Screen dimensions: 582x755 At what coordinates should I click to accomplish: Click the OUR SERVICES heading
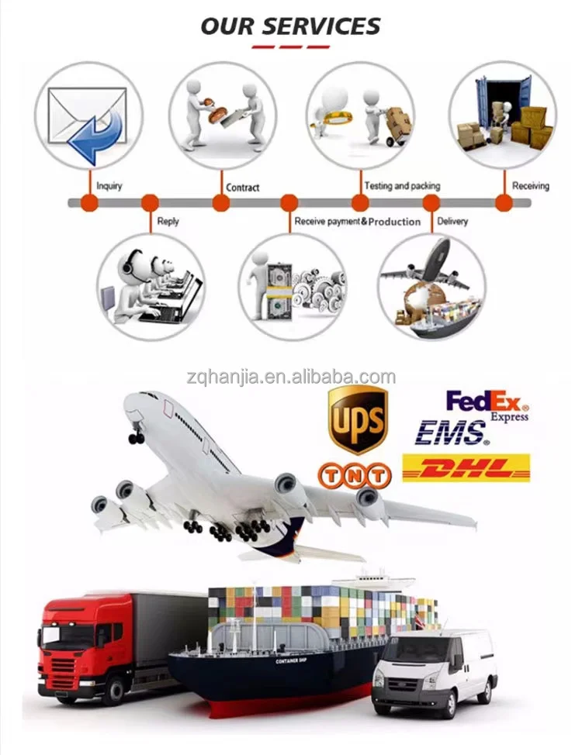pos(290,26)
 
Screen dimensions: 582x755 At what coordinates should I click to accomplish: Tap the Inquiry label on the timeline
pos(109,186)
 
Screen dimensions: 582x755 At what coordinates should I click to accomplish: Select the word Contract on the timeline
pos(242,187)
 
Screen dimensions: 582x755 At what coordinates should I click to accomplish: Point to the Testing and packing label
pos(402,186)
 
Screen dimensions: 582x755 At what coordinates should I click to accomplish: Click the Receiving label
pos(530,186)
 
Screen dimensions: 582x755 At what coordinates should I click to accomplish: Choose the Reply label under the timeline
pos(168,221)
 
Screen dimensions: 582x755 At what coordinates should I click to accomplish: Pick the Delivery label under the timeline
pos(452,221)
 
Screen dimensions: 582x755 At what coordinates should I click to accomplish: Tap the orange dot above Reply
pos(150,203)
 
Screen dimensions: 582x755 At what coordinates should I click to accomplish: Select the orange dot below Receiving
pos(504,203)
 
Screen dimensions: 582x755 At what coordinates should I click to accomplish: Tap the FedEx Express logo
pos(487,405)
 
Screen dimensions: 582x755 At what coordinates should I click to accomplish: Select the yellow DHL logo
pos(466,467)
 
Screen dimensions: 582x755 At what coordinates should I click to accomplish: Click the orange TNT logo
pos(354,472)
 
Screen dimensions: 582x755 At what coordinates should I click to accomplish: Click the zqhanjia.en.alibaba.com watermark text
pos(291,377)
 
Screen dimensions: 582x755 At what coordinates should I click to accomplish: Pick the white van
pos(435,671)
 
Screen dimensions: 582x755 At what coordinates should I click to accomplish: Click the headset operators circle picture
pos(151,287)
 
